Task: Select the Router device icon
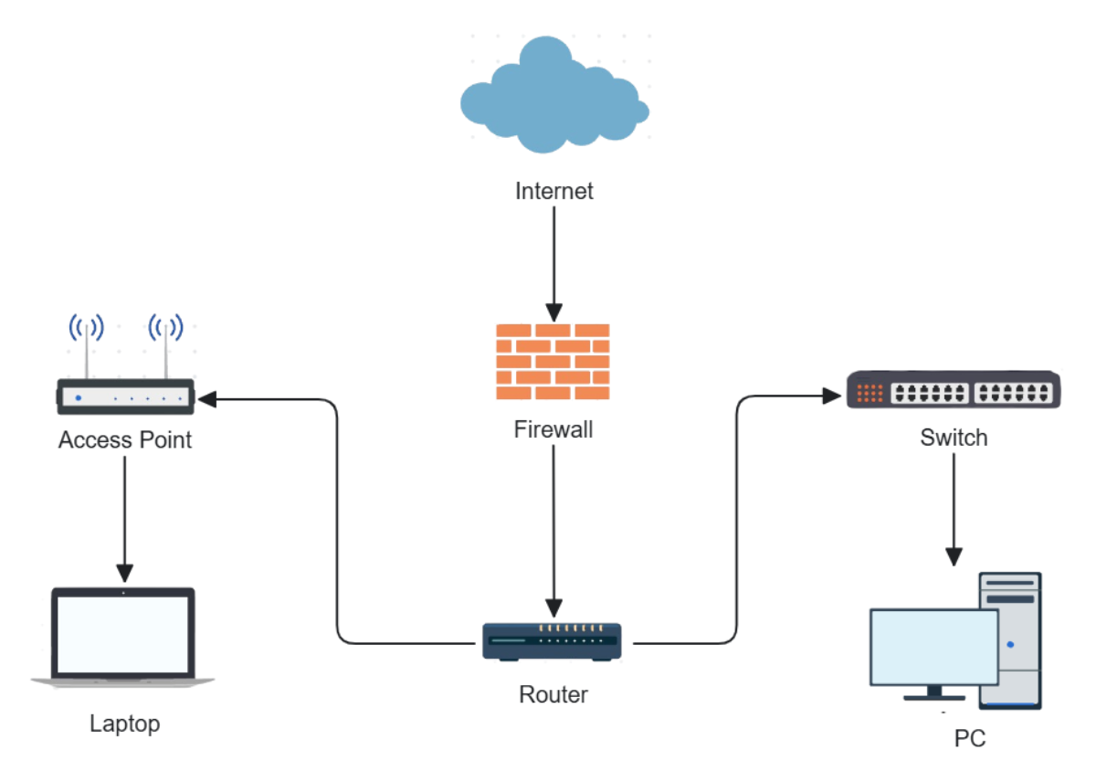[553, 641]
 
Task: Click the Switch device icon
[953, 390]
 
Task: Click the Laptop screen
[123, 633]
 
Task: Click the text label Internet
[553, 191]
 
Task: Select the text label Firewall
[553, 428]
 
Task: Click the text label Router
[553, 694]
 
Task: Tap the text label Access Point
[125, 440]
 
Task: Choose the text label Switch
[954, 438]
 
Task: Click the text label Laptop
[125, 724]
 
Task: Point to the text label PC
[970, 738]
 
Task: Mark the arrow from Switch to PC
[954, 507]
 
